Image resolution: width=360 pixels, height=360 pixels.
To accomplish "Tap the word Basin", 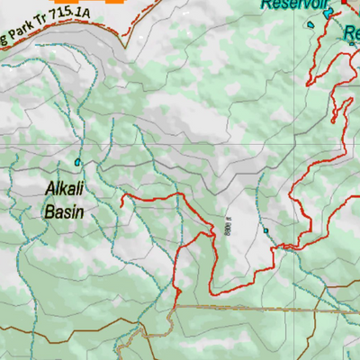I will click(x=64, y=212).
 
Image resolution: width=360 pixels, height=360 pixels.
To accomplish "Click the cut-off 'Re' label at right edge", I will click(x=352, y=34).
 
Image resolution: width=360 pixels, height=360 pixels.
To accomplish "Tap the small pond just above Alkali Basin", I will click(x=78, y=162).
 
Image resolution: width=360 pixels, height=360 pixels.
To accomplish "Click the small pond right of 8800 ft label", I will click(x=266, y=230).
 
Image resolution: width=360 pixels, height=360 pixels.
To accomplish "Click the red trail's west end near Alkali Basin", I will click(x=121, y=194).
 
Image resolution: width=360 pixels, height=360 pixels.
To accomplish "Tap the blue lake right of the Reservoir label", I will click(x=328, y=11).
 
